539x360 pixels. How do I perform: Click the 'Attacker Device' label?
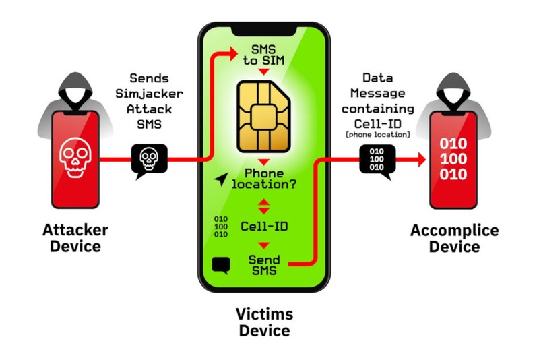[x=75, y=237]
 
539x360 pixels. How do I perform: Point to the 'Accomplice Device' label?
[x=455, y=239]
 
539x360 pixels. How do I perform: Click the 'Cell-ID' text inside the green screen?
[x=264, y=226]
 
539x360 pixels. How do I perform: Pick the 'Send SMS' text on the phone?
[x=264, y=265]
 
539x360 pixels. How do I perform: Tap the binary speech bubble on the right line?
[x=377, y=161]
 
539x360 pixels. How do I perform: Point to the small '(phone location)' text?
[x=378, y=135]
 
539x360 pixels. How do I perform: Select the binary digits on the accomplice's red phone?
[x=452, y=160]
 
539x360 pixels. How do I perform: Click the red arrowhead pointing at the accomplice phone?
[x=420, y=160]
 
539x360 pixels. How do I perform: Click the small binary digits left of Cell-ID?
[x=220, y=226]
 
